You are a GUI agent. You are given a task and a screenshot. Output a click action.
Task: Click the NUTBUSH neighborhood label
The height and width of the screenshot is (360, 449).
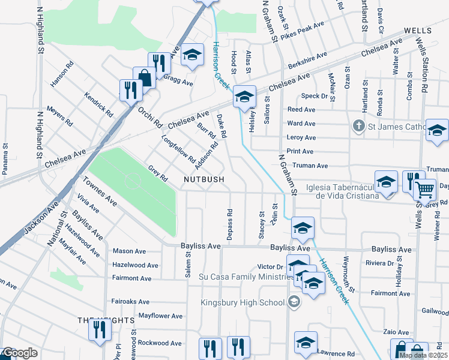coord(204,179)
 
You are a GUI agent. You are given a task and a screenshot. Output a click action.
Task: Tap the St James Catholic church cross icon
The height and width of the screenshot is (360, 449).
coord(358,126)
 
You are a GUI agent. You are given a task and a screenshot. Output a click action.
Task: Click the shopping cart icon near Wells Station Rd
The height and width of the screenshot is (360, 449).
coord(424,190)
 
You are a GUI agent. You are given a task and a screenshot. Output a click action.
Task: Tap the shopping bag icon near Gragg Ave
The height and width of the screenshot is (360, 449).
coord(144,77)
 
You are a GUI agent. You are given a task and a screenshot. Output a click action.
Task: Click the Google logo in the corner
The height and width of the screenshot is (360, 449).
coord(19,353)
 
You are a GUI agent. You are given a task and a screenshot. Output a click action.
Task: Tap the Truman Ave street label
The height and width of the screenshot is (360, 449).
coord(310,166)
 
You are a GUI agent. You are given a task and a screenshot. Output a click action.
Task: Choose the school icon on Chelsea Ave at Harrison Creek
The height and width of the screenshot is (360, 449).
coord(244,96)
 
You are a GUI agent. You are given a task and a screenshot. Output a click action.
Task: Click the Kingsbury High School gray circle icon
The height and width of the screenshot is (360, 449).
coord(294,302)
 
